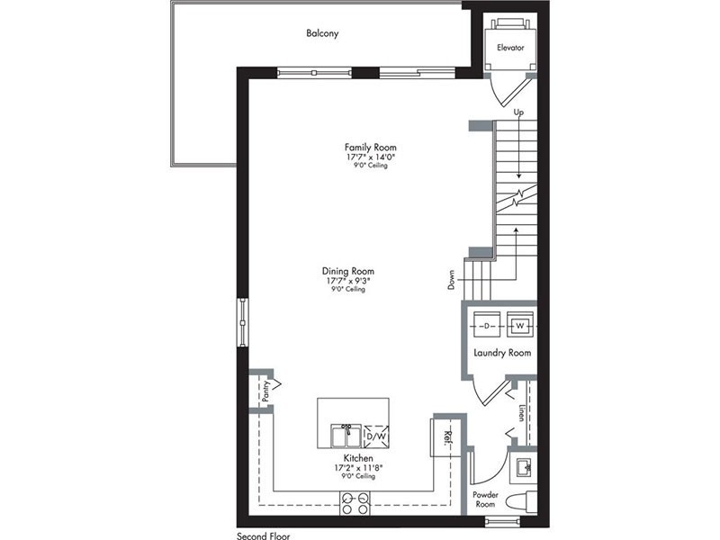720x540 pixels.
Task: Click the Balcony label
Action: (322, 33)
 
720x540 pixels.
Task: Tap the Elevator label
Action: (510, 48)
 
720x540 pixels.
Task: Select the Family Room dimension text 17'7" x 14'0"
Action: (371, 157)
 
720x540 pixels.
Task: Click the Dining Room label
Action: (348, 271)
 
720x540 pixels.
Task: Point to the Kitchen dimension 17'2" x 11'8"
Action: (358, 468)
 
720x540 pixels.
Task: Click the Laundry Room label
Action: (502, 353)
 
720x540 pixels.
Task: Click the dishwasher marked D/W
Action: (375, 436)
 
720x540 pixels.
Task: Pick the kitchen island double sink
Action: (346, 436)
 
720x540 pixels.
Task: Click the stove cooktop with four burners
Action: (355, 503)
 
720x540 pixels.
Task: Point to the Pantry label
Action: (265, 391)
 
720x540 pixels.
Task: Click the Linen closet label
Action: (521, 412)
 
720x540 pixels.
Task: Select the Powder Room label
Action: (485, 499)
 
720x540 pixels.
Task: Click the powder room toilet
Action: (522, 501)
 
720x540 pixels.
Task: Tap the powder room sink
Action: (524, 468)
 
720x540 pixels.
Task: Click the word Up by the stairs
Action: (518, 112)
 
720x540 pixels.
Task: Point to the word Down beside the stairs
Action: (452, 280)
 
